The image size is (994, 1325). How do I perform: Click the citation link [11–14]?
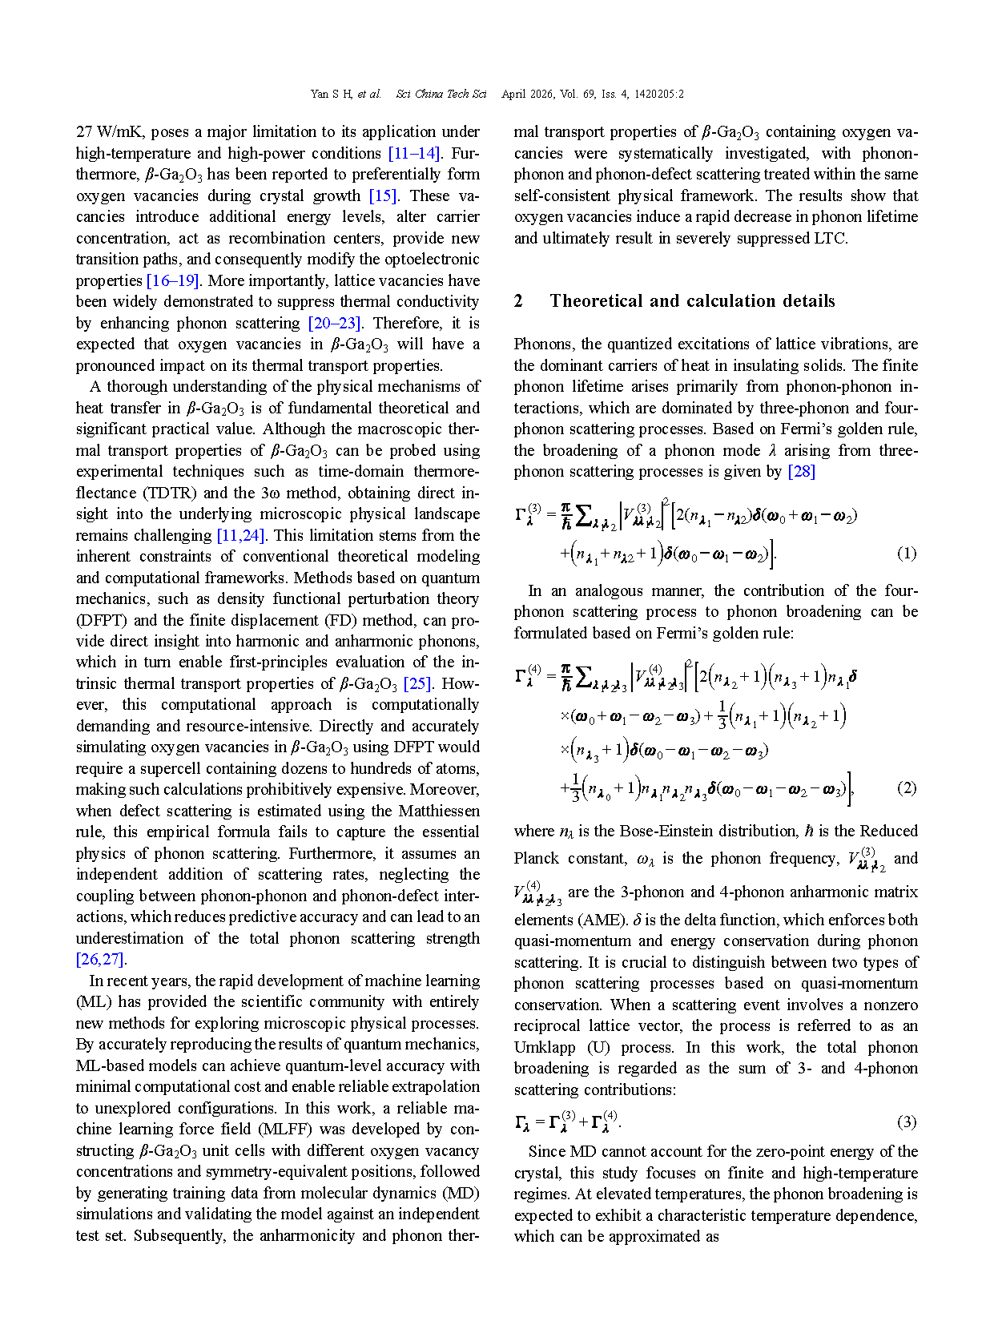414,153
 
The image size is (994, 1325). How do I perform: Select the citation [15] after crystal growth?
383,195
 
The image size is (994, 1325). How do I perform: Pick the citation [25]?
418,683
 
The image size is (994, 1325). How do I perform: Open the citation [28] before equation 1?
802,471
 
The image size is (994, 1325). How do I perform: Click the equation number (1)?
906,553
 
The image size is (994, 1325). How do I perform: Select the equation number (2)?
906,787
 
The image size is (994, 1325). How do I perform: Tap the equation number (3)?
906,1122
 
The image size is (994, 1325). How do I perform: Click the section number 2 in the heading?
518,301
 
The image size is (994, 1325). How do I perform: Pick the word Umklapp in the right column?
544,1047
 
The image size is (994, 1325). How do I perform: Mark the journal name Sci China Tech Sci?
441,94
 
